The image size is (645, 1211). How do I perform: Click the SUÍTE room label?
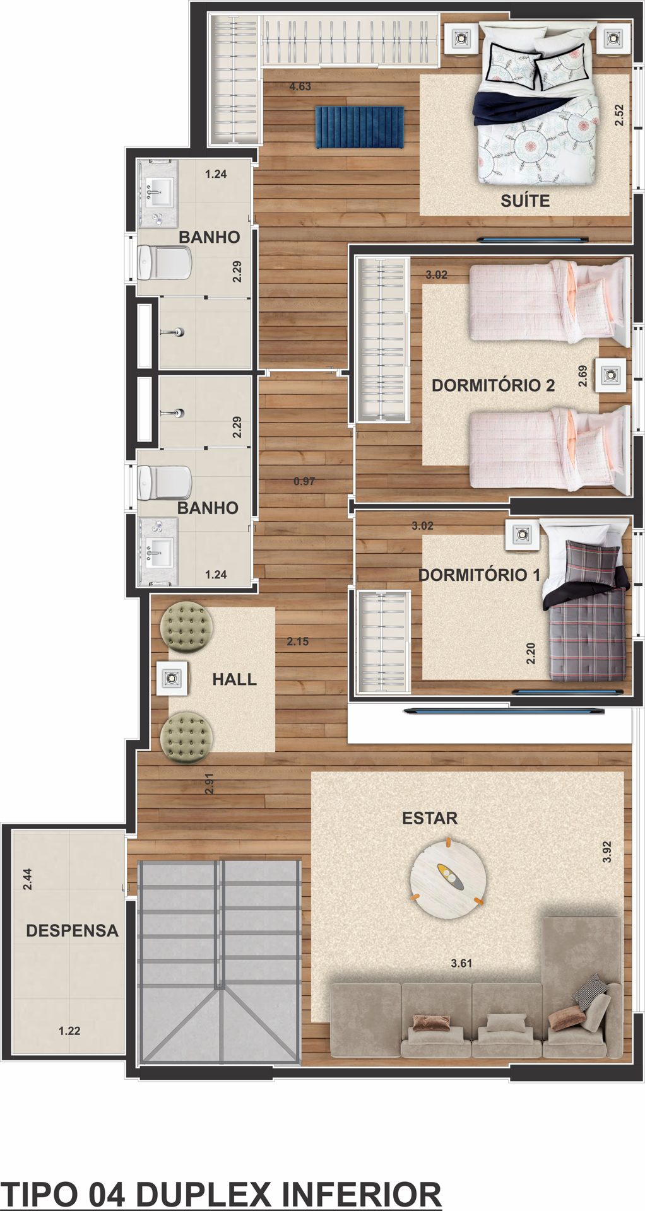pyautogui.click(x=525, y=201)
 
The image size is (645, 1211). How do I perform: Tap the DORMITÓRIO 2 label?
pyautogui.click(x=493, y=385)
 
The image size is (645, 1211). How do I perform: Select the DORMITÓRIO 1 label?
pyautogui.click(x=480, y=575)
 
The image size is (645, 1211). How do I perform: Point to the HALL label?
pyautogui.click(x=234, y=679)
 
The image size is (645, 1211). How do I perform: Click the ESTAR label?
pyautogui.click(x=430, y=818)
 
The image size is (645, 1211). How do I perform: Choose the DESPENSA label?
pyautogui.click(x=72, y=930)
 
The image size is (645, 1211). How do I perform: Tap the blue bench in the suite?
pyautogui.click(x=359, y=127)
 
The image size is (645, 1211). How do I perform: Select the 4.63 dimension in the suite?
pyautogui.click(x=300, y=86)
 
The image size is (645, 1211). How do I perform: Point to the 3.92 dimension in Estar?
pyautogui.click(x=607, y=851)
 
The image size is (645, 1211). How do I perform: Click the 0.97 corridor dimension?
pyautogui.click(x=304, y=481)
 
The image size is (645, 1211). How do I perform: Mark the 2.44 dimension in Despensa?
pyautogui.click(x=27, y=879)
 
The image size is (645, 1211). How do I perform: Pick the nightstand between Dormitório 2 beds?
pyautogui.click(x=610, y=376)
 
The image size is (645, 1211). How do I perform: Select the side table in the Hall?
pyautogui.click(x=172, y=678)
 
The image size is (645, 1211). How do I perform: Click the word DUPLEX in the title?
pyautogui.click(x=203, y=1194)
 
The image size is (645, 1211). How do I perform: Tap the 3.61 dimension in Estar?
pyautogui.click(x=461, y=963)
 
